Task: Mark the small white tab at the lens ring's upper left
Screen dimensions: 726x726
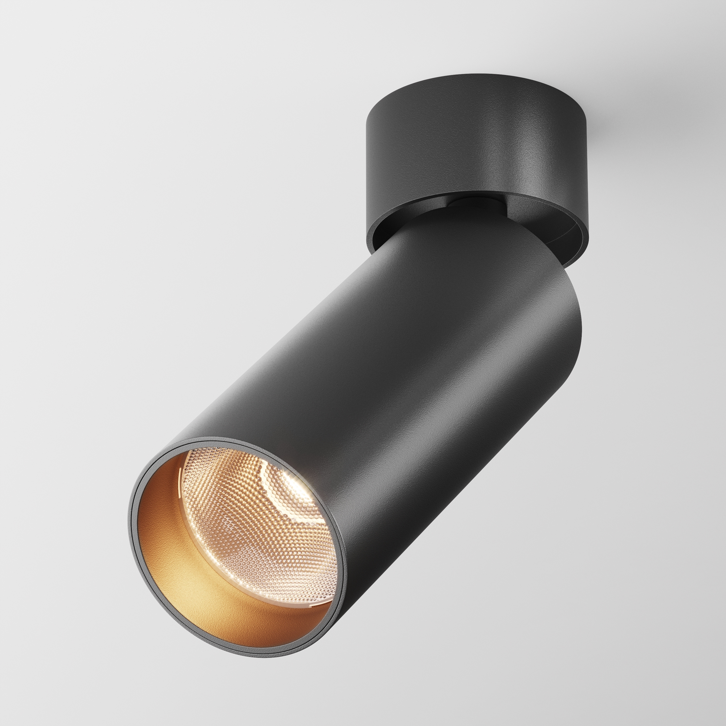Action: (181, 471)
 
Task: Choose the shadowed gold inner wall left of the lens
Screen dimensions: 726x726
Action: (158, 526)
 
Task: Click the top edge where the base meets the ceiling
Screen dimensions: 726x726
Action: (477, 74)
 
